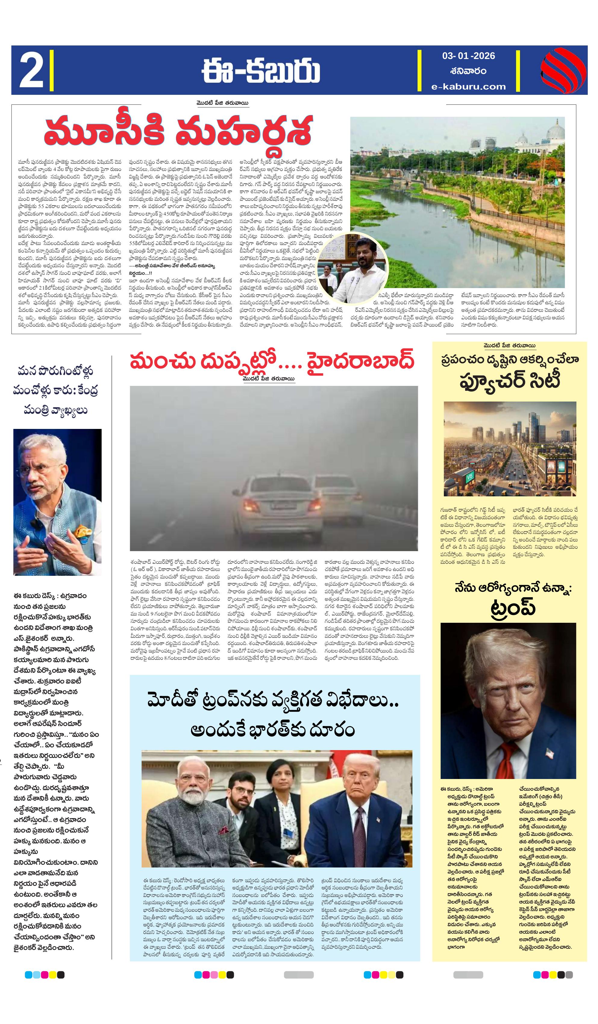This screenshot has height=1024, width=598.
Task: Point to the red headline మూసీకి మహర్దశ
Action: coord(178,131)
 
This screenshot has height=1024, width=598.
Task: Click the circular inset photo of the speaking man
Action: coord(353,268)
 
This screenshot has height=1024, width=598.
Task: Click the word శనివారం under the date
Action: coord(468,71)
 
